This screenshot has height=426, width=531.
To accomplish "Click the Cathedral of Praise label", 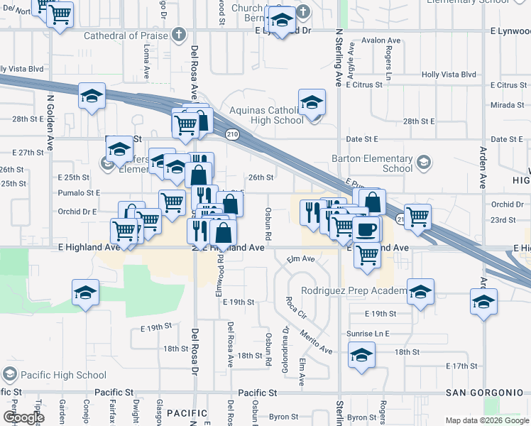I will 126,35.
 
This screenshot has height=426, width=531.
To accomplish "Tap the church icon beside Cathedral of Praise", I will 178,34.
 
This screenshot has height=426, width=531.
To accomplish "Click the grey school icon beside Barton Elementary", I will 424,163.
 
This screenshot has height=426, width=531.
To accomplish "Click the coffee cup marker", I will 367,229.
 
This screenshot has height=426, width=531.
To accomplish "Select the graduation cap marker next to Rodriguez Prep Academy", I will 420,290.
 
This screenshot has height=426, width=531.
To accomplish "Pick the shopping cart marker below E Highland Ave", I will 367,253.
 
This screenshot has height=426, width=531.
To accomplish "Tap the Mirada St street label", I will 507,105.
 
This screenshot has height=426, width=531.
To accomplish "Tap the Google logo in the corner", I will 23,418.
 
